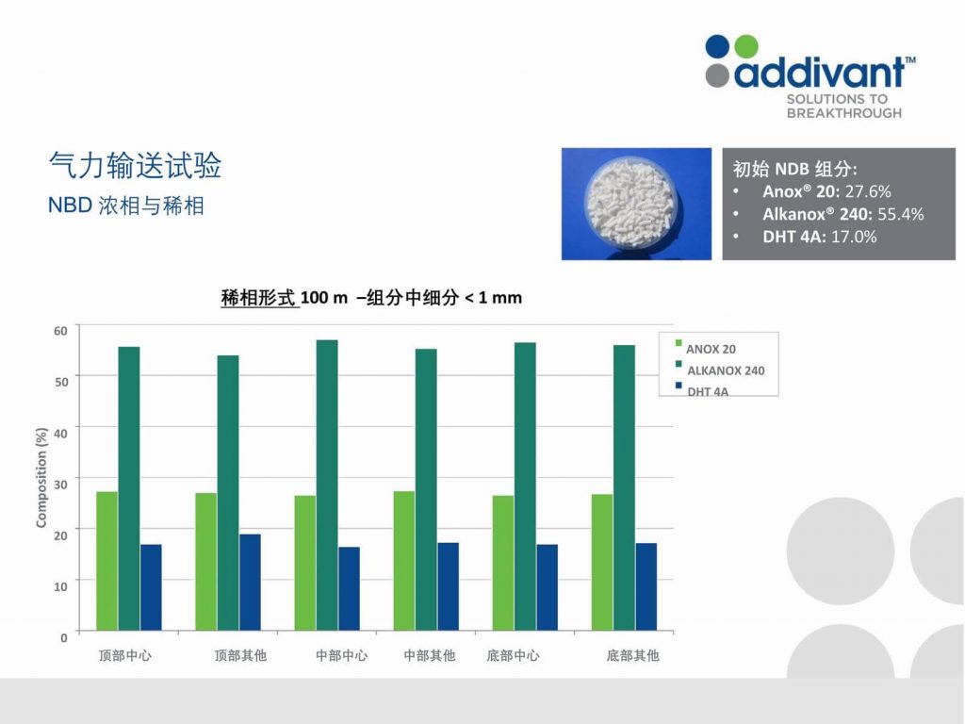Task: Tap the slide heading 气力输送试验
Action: (135, 165)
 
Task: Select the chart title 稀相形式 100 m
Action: (285, 298)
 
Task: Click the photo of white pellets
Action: (636, 204)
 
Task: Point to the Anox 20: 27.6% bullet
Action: (826, 191)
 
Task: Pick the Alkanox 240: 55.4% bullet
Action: (843, 214)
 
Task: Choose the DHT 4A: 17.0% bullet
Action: (819, 237)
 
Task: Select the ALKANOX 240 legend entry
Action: (720, 370)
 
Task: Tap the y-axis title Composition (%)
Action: (41, 478)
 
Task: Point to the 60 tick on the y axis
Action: (60, 331)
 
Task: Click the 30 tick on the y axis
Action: (60, 485)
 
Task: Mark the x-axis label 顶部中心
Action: (125, 656)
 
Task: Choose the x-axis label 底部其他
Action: (632, 656)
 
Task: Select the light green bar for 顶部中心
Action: (107, 561)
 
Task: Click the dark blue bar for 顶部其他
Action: (250, 583)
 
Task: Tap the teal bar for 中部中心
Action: (327, 485)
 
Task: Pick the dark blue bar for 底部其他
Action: (646, 586)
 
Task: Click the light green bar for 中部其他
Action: (403, 561)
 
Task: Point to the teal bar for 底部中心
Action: (525, 486)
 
